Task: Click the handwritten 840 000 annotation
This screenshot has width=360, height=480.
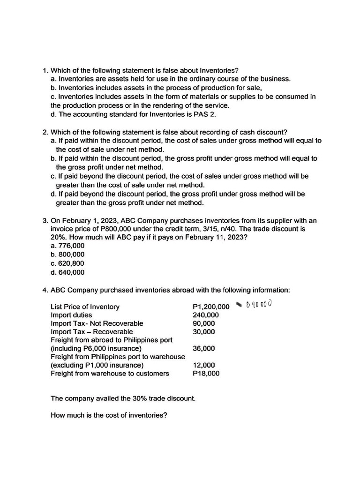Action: point(259,305)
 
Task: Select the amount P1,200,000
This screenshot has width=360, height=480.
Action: point(211,307)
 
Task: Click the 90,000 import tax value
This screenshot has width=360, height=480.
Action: point(204,323)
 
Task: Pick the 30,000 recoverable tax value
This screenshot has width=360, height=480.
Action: point(204,332)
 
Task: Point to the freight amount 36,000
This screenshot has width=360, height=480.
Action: point(204,349)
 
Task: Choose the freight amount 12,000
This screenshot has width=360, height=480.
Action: point(204,365)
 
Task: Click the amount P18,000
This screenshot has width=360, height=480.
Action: point(206,374)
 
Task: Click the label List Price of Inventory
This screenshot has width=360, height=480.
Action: point(85,307)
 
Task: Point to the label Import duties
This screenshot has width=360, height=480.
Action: point(71,315)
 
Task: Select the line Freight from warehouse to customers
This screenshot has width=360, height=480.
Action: point(110,374)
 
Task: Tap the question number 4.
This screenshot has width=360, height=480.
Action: point(45,290)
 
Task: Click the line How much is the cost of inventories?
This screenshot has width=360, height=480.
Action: point(109,415)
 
